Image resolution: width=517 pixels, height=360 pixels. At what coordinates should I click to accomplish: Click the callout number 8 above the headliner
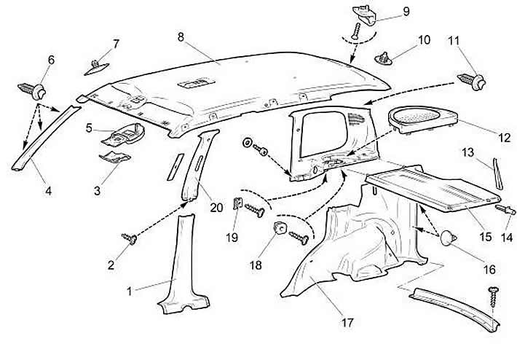click(x=181, y=37)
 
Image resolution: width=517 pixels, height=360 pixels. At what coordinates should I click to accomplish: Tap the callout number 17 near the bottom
click(x=347, y=322)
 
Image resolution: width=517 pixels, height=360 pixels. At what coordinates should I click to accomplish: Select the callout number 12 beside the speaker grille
click(x=504, y=137)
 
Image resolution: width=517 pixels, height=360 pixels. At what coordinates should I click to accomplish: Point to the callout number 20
click(x=216, y=208)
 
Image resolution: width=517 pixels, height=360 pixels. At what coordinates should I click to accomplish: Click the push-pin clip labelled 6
click(x=32, y=90)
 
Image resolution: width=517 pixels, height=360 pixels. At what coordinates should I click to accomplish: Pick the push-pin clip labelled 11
click(x=471, y=81)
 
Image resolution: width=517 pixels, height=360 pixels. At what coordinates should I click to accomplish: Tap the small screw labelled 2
click(x=130, y=238)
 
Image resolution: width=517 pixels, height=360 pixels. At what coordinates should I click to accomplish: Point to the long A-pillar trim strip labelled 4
click(x=46, y=138)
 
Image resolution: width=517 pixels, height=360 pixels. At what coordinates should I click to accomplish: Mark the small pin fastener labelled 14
click(x=505, y=209)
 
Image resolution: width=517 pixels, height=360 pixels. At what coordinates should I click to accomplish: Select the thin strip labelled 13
click(x=497, y=174)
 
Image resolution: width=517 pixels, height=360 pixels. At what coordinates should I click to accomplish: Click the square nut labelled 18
click(x=280, y=227)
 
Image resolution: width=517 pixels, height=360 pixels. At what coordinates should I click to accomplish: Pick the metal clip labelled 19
click(x=238, y=203)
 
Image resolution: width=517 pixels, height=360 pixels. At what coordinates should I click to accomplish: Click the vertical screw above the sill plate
click(x=494, y=297)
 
